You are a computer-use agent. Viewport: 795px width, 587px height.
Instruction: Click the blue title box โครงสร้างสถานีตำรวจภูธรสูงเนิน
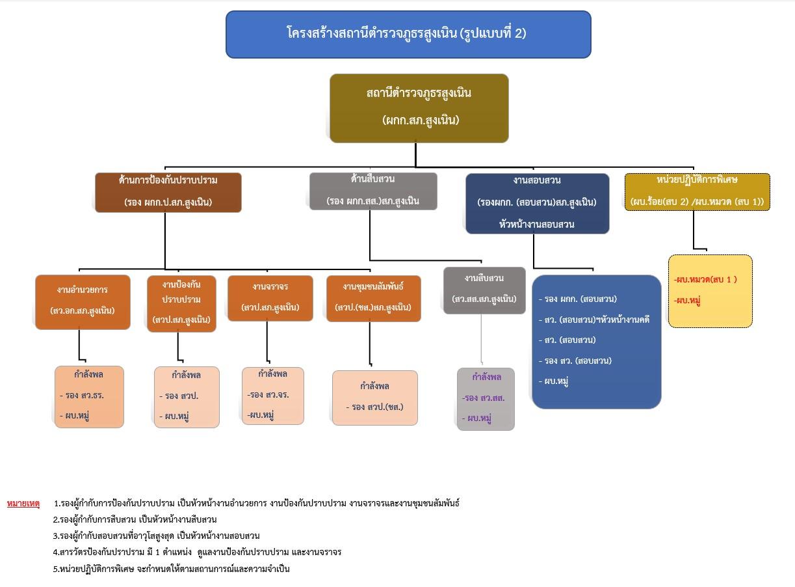408,34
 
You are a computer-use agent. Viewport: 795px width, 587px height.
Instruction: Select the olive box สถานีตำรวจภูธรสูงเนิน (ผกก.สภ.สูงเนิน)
419,107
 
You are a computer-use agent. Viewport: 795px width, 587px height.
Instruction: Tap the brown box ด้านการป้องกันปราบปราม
168,192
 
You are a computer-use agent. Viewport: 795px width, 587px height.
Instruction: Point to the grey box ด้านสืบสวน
372,191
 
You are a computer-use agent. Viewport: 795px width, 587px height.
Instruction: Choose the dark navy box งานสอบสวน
537,202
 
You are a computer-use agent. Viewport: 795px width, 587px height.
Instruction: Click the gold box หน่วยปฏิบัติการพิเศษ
697,191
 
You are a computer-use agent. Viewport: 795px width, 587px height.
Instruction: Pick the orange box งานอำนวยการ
83,302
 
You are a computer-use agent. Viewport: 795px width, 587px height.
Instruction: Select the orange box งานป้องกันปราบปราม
181,303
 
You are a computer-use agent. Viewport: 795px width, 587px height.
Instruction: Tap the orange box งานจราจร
270,297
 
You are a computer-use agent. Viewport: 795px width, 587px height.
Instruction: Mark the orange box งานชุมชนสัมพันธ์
373,298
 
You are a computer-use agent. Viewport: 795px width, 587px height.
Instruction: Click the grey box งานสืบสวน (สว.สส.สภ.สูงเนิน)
484,290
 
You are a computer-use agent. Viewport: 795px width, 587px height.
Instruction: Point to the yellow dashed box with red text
710,290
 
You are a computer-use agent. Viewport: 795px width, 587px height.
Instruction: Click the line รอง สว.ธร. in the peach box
83,395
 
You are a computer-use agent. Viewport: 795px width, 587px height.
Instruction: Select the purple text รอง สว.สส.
484,398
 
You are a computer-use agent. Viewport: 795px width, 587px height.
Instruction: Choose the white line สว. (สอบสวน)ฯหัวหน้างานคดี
594,320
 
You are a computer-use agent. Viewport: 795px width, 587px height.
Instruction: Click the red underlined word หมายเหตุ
23,503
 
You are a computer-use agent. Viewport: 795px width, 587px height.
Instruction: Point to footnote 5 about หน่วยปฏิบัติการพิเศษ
171,569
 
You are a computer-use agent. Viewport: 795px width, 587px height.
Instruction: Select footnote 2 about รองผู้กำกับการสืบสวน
135,519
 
